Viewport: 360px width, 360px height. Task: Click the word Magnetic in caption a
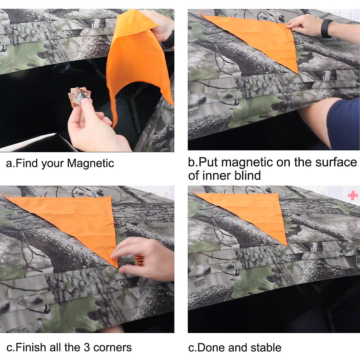point(90,163)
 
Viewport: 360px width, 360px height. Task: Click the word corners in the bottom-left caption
point(112,347)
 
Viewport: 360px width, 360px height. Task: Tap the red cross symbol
point(353,196)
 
